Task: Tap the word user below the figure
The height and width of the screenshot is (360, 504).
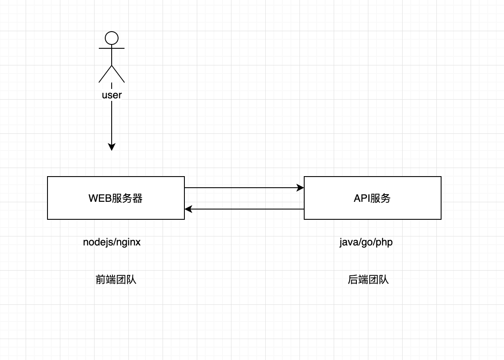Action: click(112, 95)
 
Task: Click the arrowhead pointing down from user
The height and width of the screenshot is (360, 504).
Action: click(112, 147)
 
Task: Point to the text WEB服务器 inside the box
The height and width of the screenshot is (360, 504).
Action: click(116, 198)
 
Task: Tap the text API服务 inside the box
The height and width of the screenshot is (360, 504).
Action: click(372, 198)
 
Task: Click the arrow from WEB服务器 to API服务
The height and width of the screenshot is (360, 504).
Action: click(244, 188)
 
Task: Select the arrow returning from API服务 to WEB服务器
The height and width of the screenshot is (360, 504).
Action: click(244, 209)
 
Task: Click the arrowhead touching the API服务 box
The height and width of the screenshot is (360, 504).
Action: click(300, 188)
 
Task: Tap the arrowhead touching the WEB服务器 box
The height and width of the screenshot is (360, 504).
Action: click(188, 209)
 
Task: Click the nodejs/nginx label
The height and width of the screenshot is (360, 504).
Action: click(112, 242)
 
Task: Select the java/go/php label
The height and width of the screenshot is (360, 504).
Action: click(366, 242)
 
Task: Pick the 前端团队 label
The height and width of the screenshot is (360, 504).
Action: click(116, 280)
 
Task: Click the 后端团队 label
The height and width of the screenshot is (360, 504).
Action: click(368, 280)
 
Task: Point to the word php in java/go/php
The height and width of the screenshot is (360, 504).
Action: click(384, 242)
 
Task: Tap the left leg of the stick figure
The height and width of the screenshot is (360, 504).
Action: click(105, 74)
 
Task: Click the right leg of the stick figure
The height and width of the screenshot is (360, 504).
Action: click(118, 74)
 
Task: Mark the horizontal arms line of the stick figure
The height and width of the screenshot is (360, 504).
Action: click(112, 48)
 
